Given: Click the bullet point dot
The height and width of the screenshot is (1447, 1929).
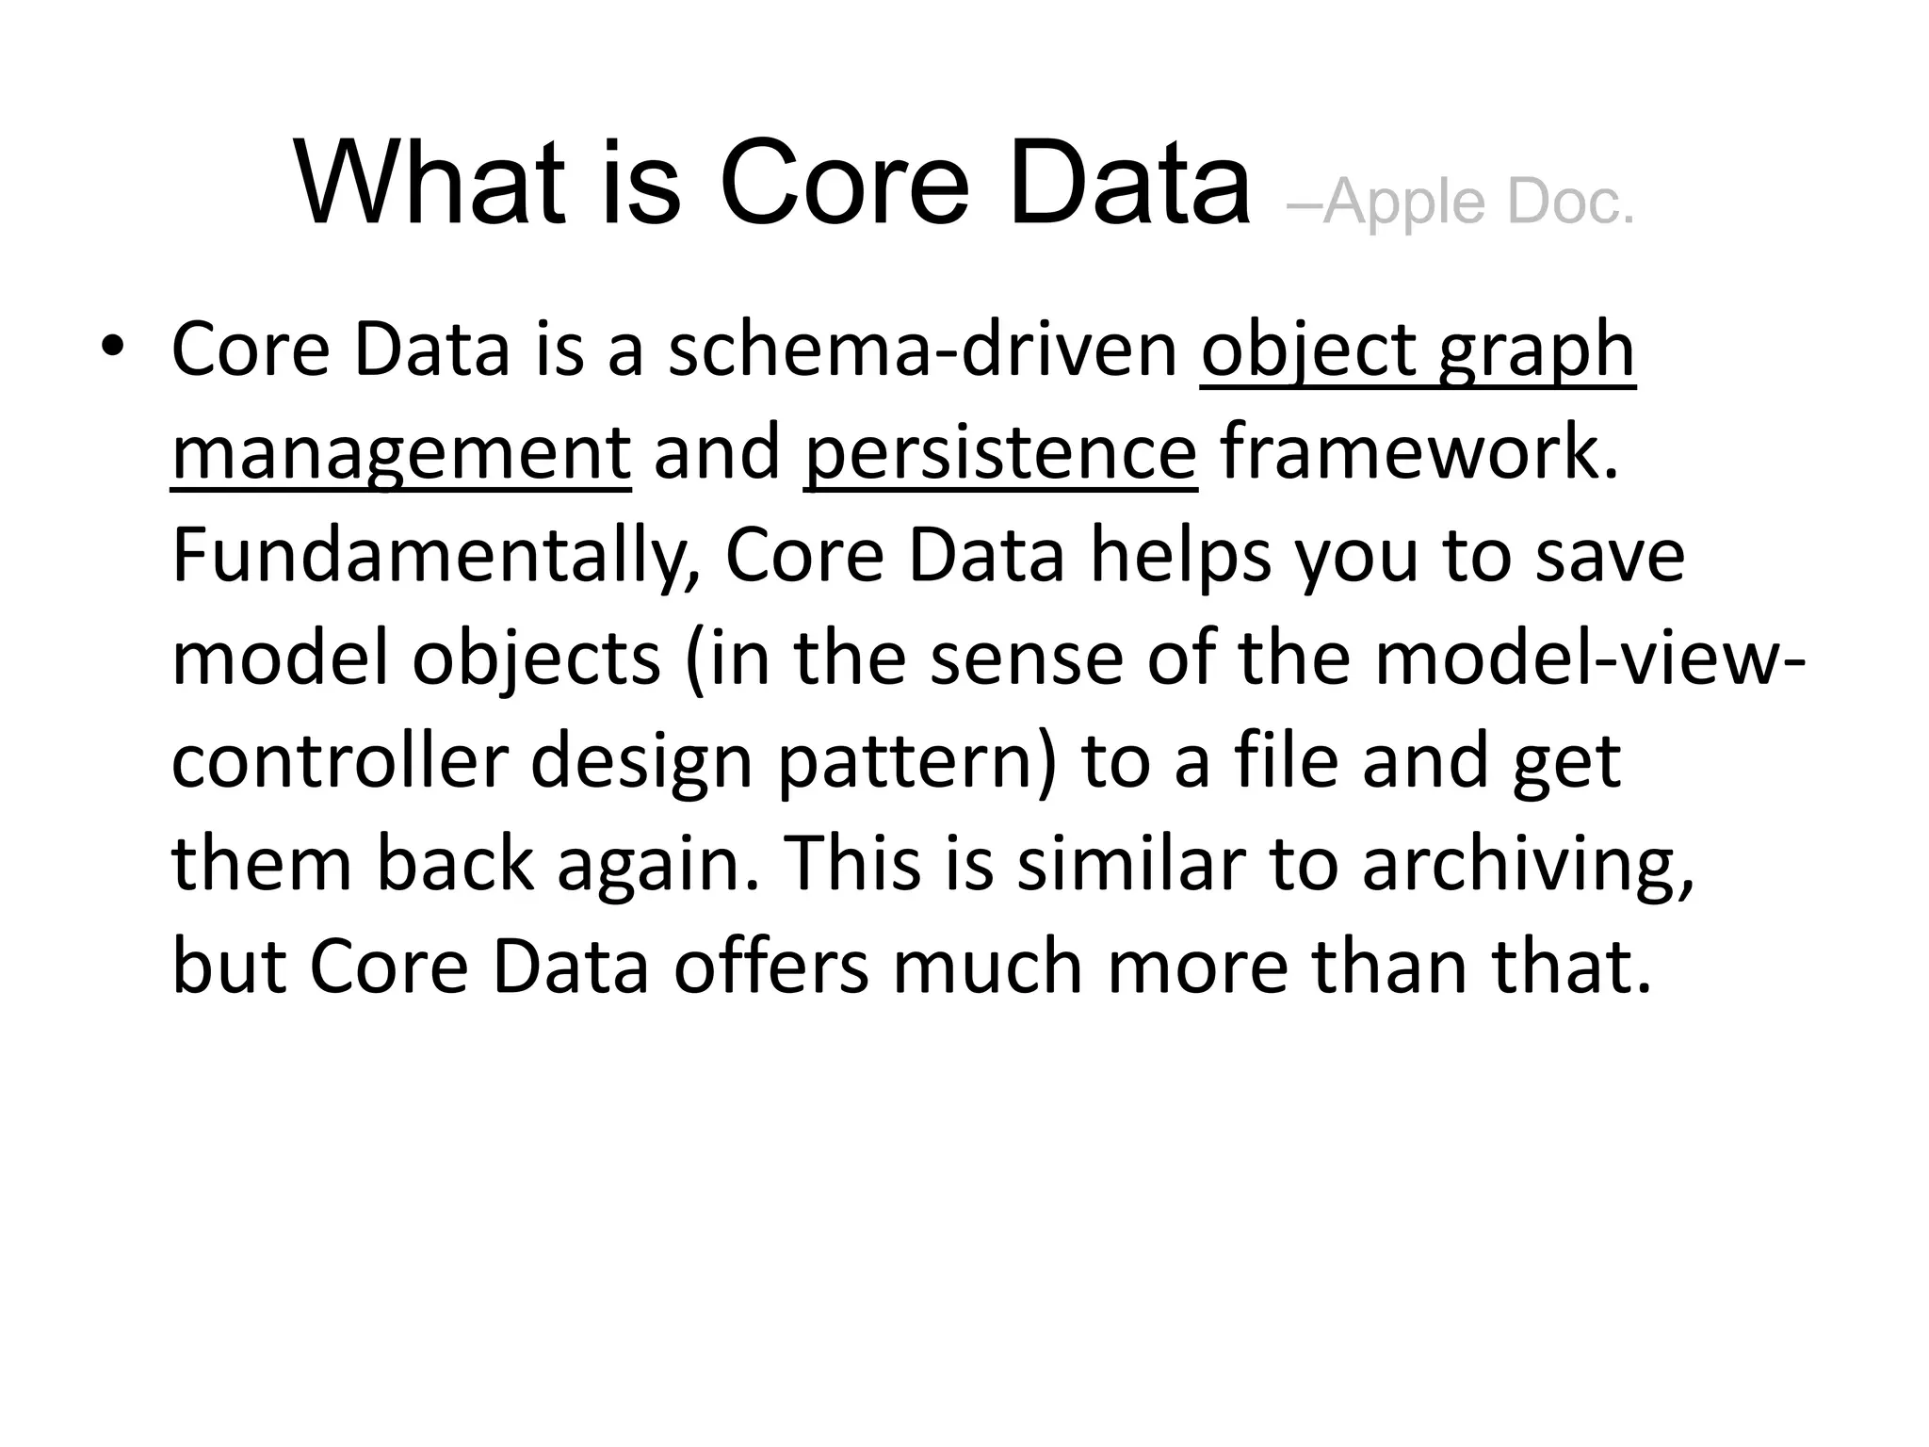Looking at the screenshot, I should tap(112, 345).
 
